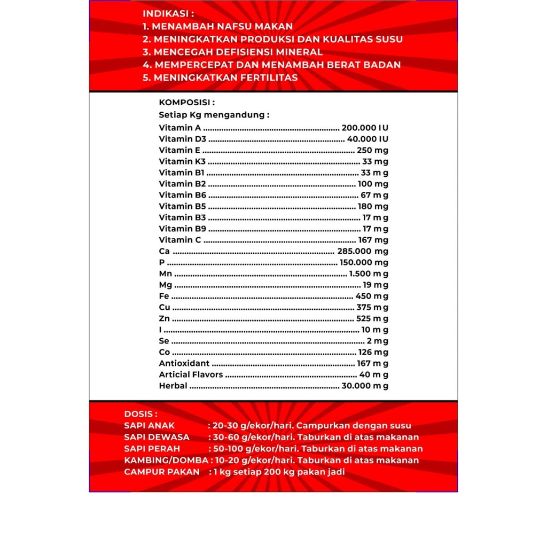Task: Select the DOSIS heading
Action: click(140, 413)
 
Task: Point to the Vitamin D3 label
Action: click(182, 139)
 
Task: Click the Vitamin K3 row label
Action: click(182, 161)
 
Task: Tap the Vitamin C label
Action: click(180, 240)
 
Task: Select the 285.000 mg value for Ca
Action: click(363, 251)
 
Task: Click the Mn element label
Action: click(165, 273)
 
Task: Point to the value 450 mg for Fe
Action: click(372, 296)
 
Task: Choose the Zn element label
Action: click(165, 318)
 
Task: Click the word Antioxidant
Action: click(184, 363)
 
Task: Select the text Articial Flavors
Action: click(191, 374)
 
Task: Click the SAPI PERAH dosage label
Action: click(152, 449)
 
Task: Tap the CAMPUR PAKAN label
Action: click(161, 472)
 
